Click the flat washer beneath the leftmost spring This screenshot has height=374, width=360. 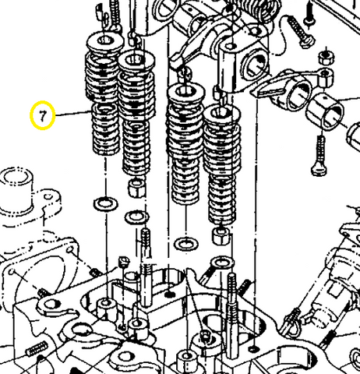[x=101, y=204]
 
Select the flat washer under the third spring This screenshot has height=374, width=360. [x=185, y=245]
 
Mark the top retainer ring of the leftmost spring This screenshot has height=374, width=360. [x=102, y=41]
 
